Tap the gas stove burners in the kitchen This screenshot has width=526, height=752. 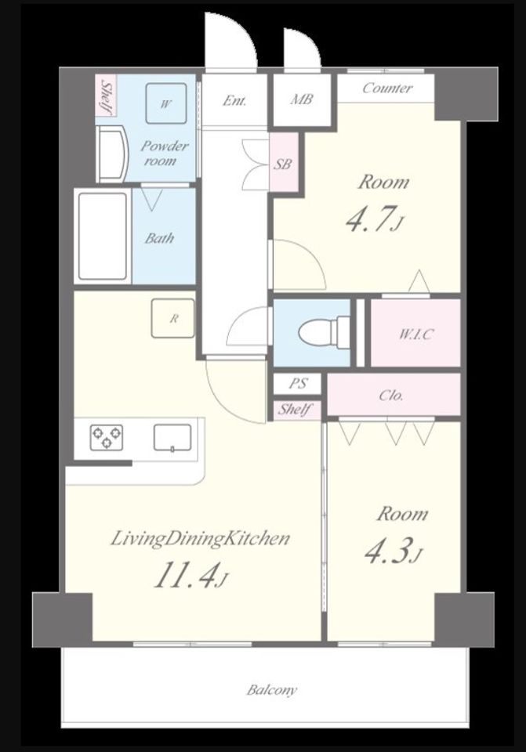click(x=106, y=437)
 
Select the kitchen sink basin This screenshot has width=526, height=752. click(x=172, y=438)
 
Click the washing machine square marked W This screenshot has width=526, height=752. click(x=165, y=103)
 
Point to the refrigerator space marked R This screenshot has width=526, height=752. click(x=173, y=319)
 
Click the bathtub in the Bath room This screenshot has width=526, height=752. click(x=103, y=236)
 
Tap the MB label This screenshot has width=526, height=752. click(x=301, y=99)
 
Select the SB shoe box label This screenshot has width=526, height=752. click(x=283, y=164)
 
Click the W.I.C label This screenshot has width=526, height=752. click(x=415, y=334)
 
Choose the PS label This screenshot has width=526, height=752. click(x=298, y=384)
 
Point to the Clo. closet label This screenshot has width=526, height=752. click(x=391, y=396)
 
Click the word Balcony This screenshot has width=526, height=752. click(x=272, y=690)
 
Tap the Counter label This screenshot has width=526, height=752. click(x=387, y=89)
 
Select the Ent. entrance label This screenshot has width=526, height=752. click(x=234, y=101)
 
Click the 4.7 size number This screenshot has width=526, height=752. click(x=372, y=219)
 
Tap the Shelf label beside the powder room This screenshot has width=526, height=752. click(x=107, y=96)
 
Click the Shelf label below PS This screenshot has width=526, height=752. click(x=294, y=410)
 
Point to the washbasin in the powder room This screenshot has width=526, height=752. click(x=112, y=154)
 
